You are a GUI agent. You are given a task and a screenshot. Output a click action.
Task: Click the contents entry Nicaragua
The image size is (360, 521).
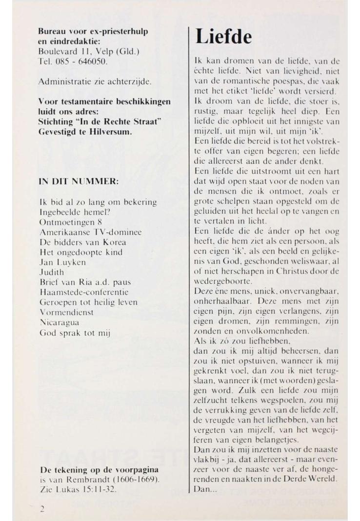[59, 322]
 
